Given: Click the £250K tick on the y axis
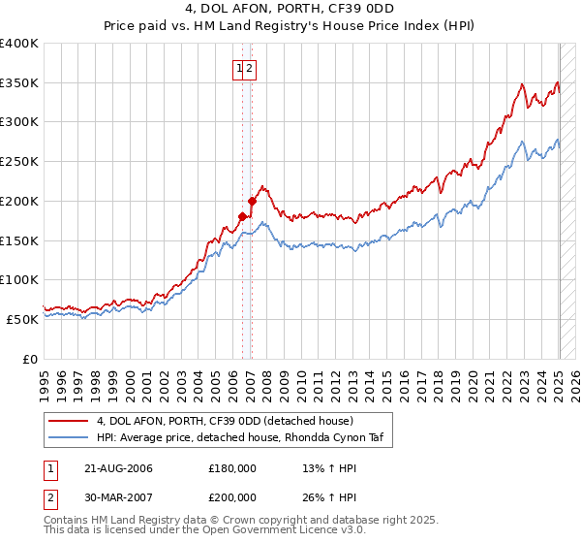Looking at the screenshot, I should point(21,162).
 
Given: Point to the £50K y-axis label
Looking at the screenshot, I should point(21,319).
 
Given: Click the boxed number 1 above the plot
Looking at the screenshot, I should point(238,68).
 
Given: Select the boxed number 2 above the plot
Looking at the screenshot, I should point(249,68).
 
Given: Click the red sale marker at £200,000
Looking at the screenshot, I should point(252,202).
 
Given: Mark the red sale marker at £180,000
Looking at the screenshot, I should point(242,217).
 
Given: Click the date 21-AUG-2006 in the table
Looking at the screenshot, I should point(118,468).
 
